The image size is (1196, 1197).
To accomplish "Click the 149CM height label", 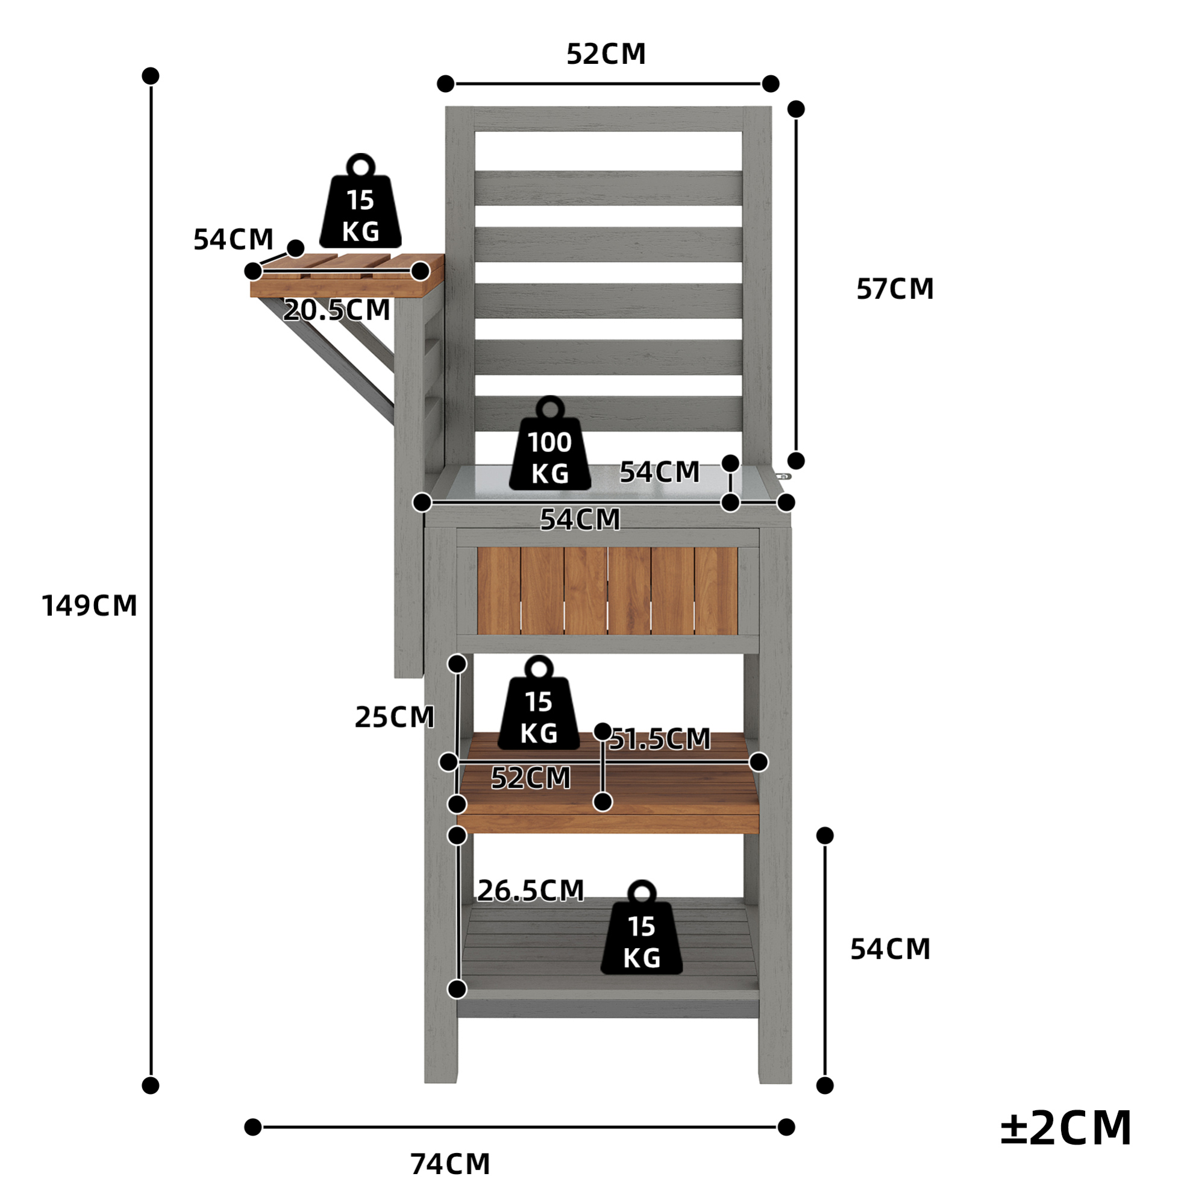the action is [x=89, y=605].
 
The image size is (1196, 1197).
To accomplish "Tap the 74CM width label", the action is [x=450, y=1164].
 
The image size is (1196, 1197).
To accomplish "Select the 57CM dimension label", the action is [x=895, y=289].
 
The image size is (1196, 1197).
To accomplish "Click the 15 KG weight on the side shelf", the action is [x=360, y=201].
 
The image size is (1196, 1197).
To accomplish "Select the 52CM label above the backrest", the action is [x=606, y=54].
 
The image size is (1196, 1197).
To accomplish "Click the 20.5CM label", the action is [x=337, y=310].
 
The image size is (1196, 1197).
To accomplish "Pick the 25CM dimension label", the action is [x=395, y=717].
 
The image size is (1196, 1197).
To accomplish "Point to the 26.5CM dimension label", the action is [x=531, y=890].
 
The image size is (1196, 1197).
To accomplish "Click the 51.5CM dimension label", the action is [x=660, y=738].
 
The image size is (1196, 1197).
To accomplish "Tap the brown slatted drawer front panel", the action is [x=607, y=591].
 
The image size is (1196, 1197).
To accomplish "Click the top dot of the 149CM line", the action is [x=151, y=75].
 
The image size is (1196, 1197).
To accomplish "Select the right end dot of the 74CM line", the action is [x=786, y=1127].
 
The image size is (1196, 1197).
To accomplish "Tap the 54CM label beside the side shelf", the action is [x=234, y=240].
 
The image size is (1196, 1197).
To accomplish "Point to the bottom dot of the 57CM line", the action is [x=796, y=461].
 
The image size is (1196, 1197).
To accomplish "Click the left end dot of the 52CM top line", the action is [x=445, y=84].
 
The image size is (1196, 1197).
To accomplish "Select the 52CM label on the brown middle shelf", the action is [x=531, y=778].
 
